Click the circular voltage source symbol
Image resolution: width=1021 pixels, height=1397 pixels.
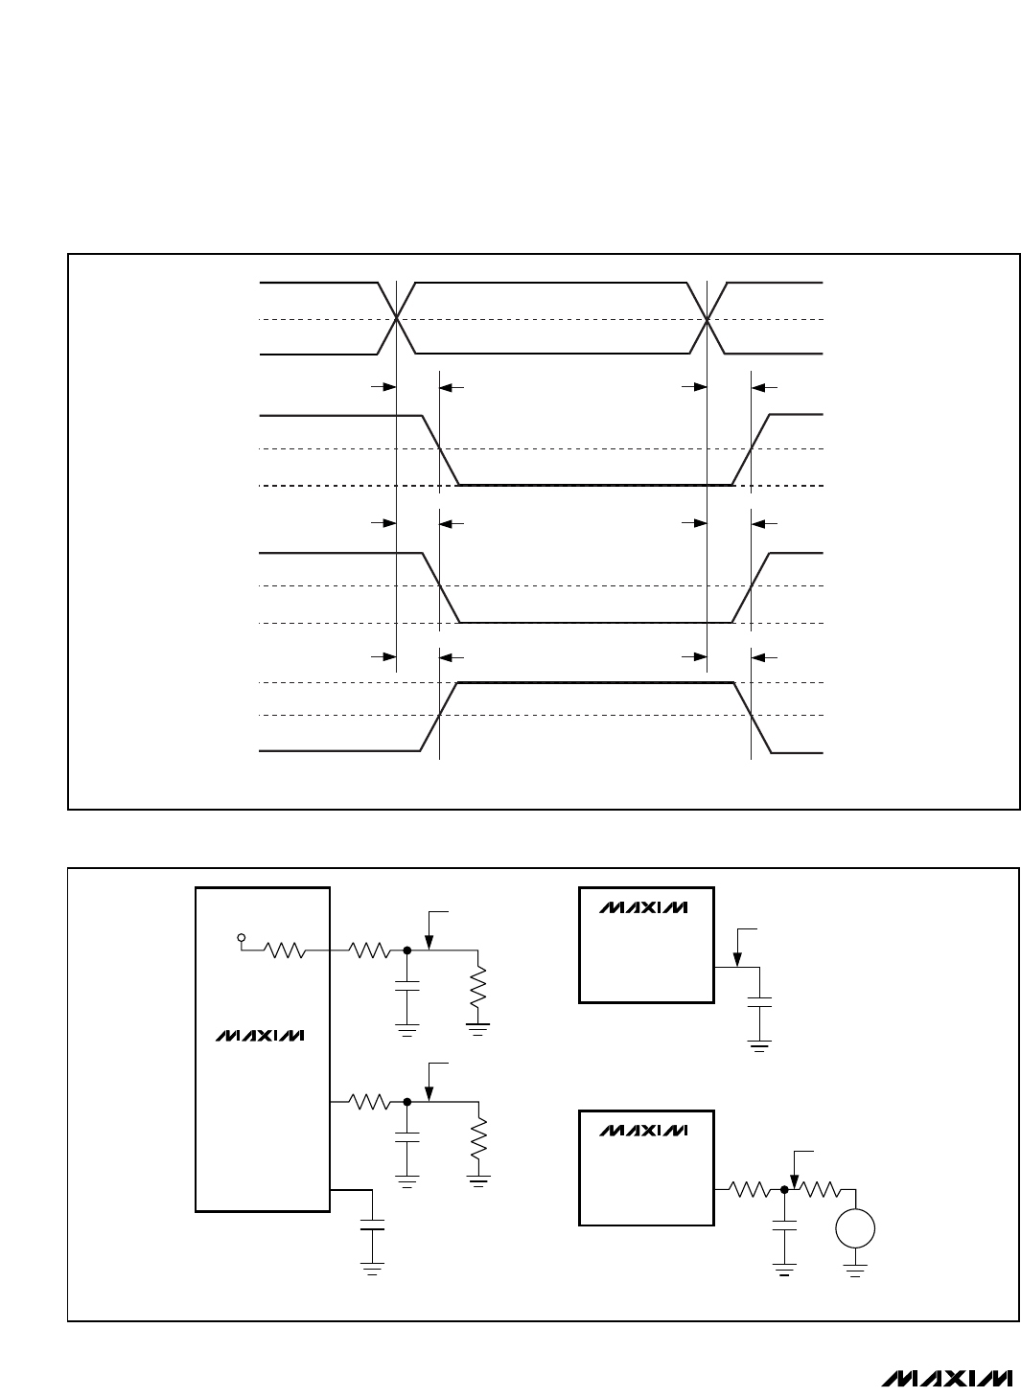pos(855,1228)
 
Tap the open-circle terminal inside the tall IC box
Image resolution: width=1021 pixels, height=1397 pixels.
pos(242,937)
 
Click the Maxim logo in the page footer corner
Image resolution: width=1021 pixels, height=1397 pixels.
pos(947,1377)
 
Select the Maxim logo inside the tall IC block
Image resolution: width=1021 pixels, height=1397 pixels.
pos(260,1035)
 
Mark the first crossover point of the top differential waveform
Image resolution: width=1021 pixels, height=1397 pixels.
pos(396,319)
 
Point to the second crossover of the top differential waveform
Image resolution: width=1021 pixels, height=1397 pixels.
pos(708,319)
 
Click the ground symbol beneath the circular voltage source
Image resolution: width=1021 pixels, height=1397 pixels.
pos(855,1271)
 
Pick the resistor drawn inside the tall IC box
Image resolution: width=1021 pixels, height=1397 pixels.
pos(284,950)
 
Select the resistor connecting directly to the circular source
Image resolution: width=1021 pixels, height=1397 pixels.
pos(820,1190)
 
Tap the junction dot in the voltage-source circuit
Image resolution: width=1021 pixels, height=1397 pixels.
pos(784,1190)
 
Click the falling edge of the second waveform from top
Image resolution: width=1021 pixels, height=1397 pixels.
pos(441,449)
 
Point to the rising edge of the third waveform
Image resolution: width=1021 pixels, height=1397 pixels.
pos(751,586)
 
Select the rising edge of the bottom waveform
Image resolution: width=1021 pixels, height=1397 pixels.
pos(439,717)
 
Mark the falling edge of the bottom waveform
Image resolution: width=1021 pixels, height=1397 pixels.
pos(753,718)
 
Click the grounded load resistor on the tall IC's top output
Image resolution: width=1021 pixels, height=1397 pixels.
pos(478,987)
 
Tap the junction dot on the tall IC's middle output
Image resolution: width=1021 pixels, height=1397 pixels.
pos(407,1102)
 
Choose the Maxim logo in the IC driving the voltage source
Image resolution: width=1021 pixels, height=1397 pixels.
pos(643,1130)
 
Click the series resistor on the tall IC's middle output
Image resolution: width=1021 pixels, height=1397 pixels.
pos(370,1102)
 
